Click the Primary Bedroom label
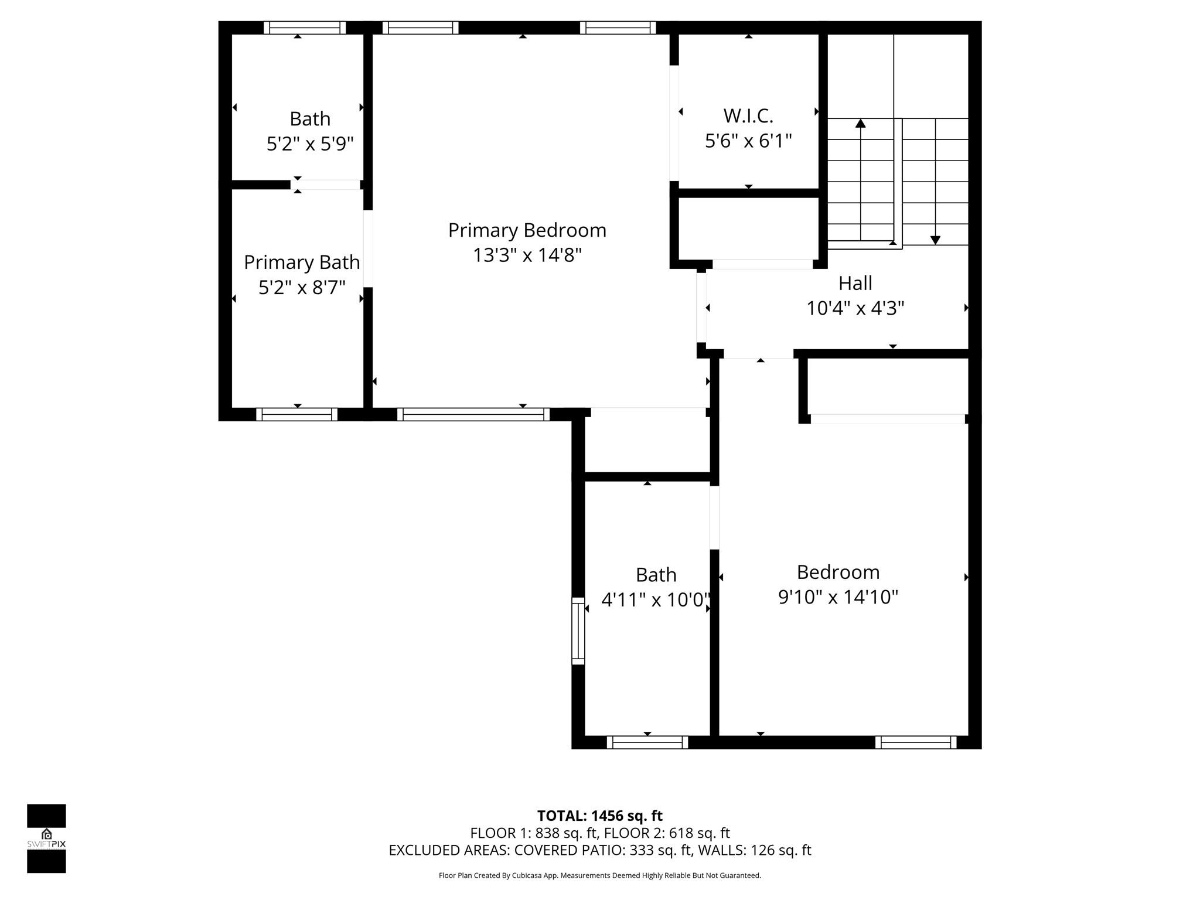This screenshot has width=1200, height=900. [x=527, y=230]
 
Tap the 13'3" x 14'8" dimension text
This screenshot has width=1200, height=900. [x=527, y=255]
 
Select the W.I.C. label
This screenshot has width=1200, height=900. [x=748, y=116]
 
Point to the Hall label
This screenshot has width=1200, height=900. [x=855, y=283]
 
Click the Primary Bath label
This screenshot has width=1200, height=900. [x=302, y=262]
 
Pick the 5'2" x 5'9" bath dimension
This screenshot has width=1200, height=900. [x=310, y=144]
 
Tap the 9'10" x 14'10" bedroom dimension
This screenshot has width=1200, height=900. [x=838, y=597]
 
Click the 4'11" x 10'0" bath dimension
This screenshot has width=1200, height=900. [x=656, y=600]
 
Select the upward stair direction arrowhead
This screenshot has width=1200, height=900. [x=860, y=123]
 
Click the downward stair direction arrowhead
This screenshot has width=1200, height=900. [x=935, y=240]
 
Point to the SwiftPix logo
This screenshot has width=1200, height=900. [x=46, y=838]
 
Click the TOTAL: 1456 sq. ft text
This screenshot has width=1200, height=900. [x=599, y=816]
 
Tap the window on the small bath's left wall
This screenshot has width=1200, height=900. [x=578, y=630]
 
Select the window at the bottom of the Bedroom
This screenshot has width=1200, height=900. [x=916, y=742]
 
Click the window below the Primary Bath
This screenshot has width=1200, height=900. [x=297, y=414]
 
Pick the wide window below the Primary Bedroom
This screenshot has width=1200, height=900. [x=473, y=414]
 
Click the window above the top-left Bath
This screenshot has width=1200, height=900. [x=305, y=28]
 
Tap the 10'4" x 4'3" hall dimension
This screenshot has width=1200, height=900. [x=855, y=308]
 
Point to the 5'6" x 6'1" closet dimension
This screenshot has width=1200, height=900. [x=748, y=141]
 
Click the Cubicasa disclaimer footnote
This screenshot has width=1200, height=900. [x=599, y=875]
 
